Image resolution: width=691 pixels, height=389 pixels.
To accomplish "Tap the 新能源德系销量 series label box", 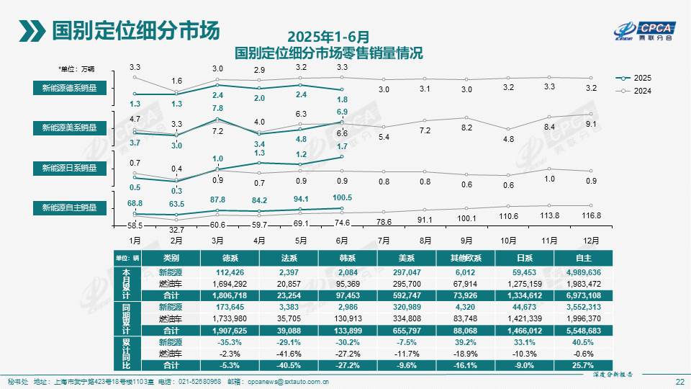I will (69, 88).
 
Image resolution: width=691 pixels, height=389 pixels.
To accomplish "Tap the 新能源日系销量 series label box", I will (69, 168).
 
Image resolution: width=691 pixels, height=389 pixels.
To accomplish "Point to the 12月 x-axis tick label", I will (592, 240).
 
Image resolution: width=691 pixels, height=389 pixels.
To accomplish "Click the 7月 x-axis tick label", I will (384, 240).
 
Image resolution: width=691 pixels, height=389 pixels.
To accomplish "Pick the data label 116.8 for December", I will (592, 215).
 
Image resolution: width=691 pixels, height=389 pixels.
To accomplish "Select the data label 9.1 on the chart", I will (592, 124).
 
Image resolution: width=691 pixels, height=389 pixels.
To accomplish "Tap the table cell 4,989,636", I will (584, 273).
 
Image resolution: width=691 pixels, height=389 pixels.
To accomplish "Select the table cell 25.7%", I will (584, 365).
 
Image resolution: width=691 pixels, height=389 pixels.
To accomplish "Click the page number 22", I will (679, 381).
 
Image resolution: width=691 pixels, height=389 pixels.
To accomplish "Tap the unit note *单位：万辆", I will (77, 69).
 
